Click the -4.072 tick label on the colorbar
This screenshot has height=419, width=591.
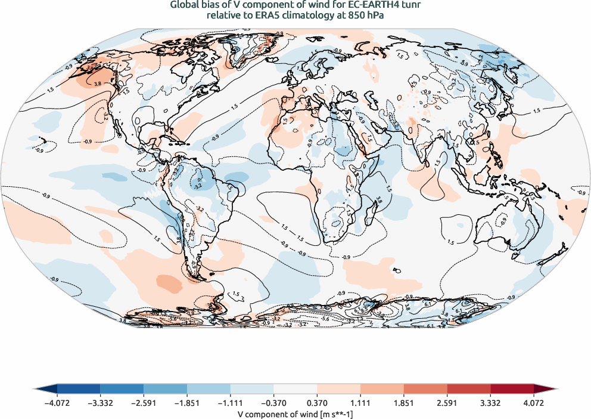[57, 403]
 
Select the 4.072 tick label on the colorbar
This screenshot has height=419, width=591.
[534, 403]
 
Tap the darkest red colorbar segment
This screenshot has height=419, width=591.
[512, 389]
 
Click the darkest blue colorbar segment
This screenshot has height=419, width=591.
[79, 389]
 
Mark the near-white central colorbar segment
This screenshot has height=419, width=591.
[295, 389]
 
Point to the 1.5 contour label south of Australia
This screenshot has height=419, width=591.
[451, 243]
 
